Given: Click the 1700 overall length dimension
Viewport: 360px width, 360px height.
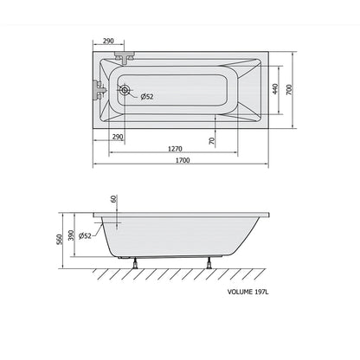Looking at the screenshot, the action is [x=183, y=160].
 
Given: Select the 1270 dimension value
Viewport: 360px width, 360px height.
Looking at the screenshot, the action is [x=175, y=149].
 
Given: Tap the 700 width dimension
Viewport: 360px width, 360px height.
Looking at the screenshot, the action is [x=289, y=90].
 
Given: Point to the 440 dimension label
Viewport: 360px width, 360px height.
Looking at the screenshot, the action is [x=275, y=89].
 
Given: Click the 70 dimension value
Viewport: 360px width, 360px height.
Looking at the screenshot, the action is [x=212, y=141].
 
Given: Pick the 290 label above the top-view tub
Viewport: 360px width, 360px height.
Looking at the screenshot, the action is [x=108, y=42].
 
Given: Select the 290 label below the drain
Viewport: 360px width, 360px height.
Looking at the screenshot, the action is [x=118, y=137].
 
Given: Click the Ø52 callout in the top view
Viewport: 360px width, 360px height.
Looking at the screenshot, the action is [x=147, y=97].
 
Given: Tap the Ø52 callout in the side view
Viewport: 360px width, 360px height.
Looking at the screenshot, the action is [x=85, y=235].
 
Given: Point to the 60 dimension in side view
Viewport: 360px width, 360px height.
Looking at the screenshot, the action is [x=113, y=199].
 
